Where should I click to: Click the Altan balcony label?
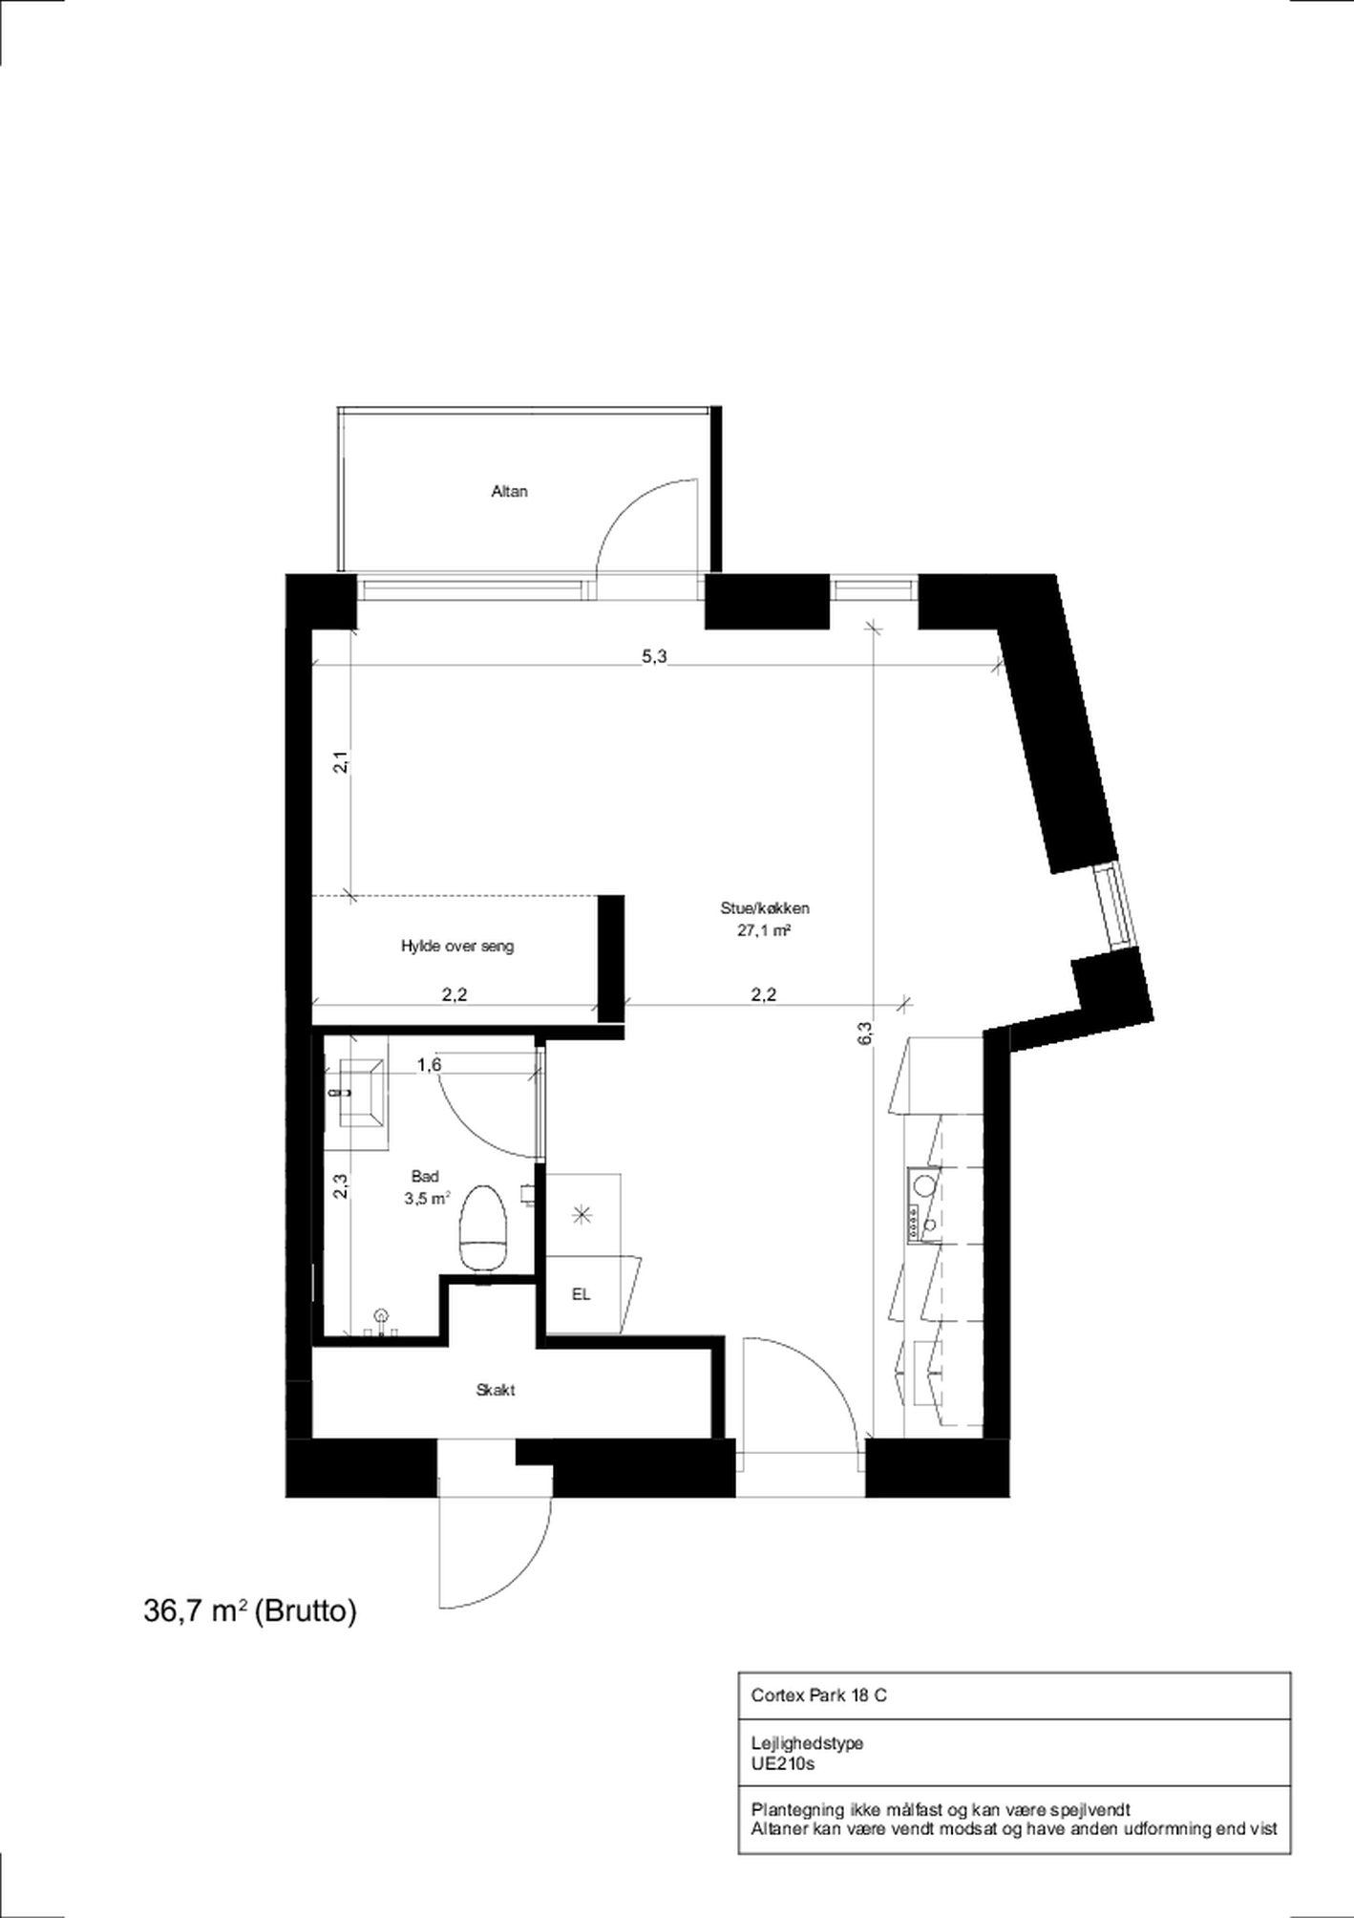coord(509,491)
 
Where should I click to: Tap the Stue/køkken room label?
coord(765,908)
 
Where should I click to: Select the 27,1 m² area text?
coord(764,930)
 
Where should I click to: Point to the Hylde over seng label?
coord(457,947)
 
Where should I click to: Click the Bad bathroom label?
coord(425,1177)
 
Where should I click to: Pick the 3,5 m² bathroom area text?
coord(427,1199)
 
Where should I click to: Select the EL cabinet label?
coord(581,1294)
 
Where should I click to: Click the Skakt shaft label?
coord(496,1390)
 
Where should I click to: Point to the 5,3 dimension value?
coord(654,656)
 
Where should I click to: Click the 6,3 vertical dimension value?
coord(864,1034)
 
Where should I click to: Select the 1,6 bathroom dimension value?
coord(430,1065)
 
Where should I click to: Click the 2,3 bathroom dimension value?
coord(340,1185)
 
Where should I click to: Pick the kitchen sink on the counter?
coord(923,1186)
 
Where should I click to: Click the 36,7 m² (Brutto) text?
coord(250,1611)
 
